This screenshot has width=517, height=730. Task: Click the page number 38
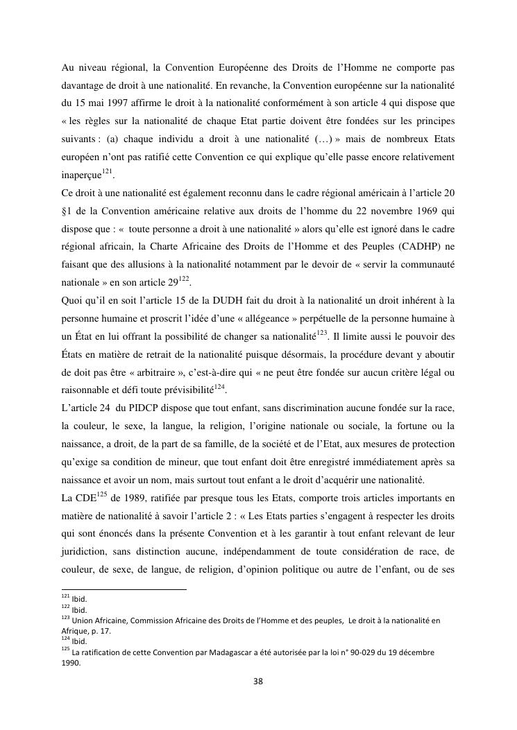pos(258,681)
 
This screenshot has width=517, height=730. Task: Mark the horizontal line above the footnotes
pos(124,589)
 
